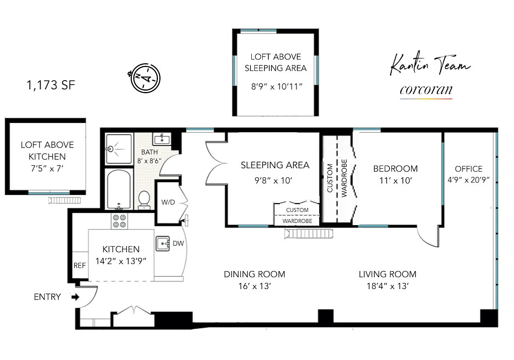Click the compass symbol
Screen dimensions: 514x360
145,78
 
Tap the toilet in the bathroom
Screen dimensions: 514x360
144,200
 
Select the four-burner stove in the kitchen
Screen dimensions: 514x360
120,221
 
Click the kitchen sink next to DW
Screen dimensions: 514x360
162,244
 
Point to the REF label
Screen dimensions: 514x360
80,265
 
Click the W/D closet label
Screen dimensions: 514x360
168,202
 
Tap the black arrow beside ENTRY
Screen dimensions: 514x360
75,297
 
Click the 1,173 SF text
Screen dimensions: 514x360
51,85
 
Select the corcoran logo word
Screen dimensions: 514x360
426,89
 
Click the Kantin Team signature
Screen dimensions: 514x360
430,65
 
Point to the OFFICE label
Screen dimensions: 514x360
469,169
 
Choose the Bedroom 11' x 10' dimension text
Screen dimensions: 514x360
396,180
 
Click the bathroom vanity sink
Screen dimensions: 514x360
162,138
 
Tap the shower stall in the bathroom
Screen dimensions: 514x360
119,149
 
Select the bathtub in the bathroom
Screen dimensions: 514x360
119,189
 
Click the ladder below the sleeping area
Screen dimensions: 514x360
309,233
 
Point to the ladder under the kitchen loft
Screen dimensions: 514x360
64,200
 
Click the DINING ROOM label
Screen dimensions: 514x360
254,274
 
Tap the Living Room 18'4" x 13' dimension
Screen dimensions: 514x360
387,286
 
